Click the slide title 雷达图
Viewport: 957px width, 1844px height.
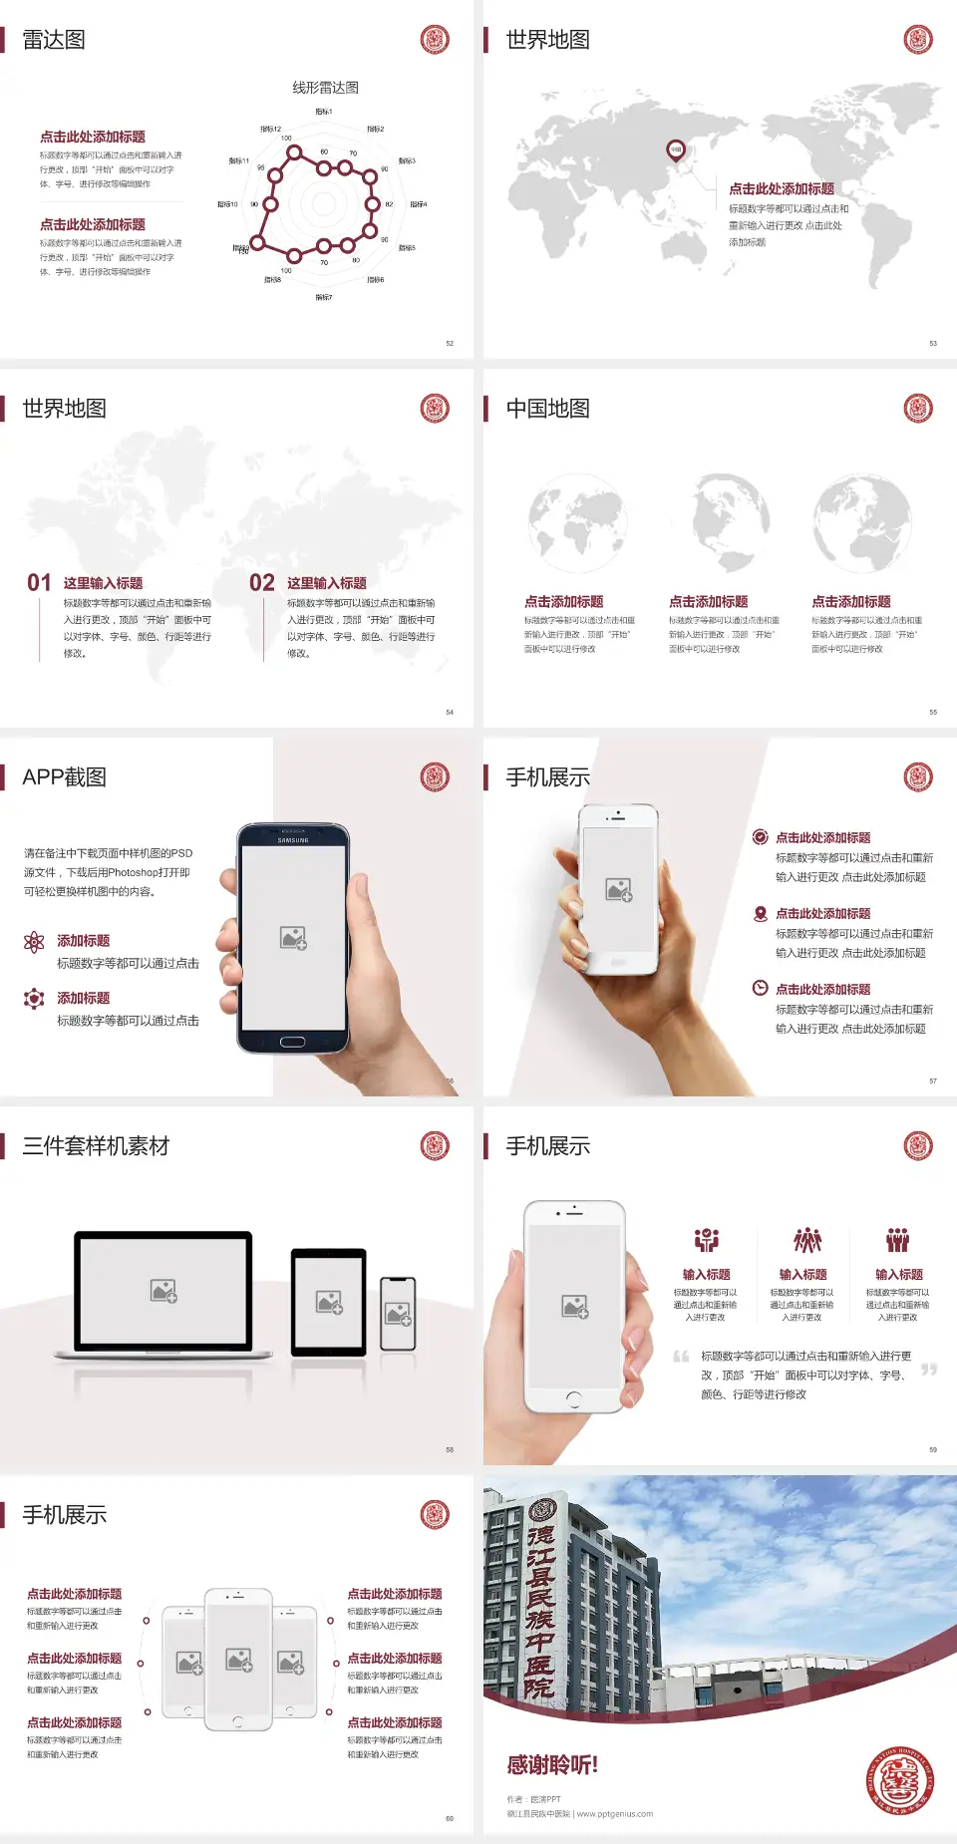[54, 40]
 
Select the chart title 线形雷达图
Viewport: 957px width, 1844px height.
[325, 88]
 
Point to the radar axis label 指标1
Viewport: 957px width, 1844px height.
[324, 112]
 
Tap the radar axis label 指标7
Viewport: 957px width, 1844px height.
[324, 297]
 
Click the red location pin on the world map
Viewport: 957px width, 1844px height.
[676, 151]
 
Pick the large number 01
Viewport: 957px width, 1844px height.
[39, 583]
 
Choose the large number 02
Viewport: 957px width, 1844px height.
[262, 583]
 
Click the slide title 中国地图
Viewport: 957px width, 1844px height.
[547, 409]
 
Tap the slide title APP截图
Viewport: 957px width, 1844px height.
[65, 777]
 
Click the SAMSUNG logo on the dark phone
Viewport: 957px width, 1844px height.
[293, 840]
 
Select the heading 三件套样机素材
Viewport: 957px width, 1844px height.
[96, 1146]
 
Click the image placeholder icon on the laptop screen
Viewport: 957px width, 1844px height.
[163, 1291]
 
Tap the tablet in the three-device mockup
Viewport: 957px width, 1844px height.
[329, 1301]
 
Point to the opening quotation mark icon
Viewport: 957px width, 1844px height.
[681, 1356]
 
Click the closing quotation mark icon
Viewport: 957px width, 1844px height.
[929, 1370]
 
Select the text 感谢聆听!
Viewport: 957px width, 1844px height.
[552, 1765]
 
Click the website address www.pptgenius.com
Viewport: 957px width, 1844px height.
[615, 1814]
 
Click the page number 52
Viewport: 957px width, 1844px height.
[450, 343]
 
